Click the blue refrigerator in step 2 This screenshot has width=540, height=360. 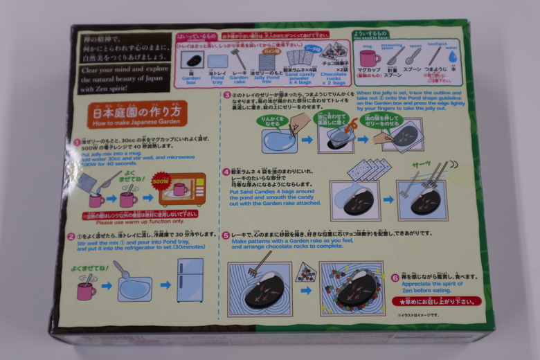tap(190, 280)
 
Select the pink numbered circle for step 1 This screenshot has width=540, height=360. tap(78, 142)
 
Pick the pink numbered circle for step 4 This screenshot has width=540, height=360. tap(226, 172)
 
